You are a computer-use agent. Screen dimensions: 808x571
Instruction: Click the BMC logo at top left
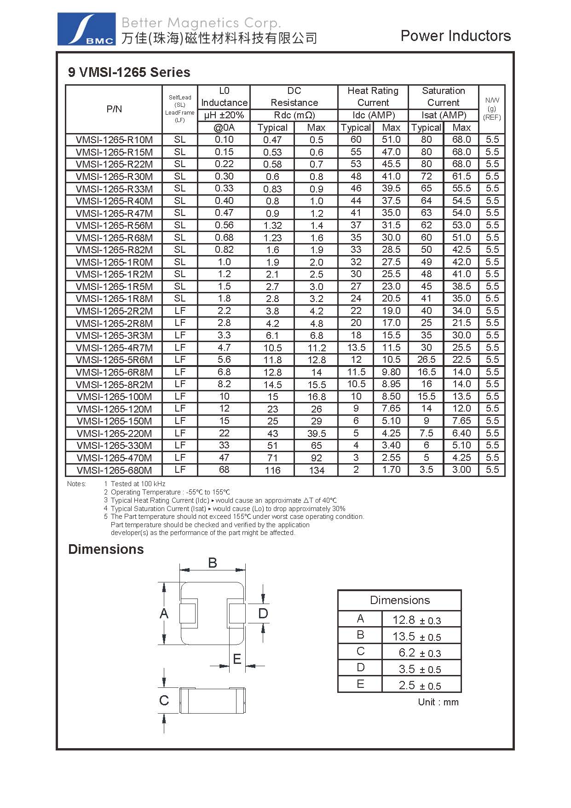[x=86, y=29]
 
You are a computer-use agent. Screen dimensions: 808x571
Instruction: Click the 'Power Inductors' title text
[x=456, y=36]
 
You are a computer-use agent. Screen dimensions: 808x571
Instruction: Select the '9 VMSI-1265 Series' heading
[x=129, y=72]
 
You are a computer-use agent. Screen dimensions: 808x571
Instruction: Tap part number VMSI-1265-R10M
[x=114, y=140]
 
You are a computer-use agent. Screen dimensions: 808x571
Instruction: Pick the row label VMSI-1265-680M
[x=114, y=470]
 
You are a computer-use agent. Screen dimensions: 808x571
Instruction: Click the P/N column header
[x=114, y=109]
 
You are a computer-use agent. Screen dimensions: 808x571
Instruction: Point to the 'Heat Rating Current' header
[x=373, y=97]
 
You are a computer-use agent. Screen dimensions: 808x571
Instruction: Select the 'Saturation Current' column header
[x=443, y=97]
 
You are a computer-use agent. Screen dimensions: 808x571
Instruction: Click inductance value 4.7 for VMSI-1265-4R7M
[x=224, y=348]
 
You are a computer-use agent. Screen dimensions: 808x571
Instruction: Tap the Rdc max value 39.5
[x=317, y=433]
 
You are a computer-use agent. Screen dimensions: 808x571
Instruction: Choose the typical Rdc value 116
[x=272, y=470]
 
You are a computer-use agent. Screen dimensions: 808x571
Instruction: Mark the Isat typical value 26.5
[x=426, y=360]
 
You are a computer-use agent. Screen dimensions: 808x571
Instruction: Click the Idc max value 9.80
[x=391, y=372]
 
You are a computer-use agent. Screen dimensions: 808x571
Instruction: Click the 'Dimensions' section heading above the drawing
[x=106, y=549]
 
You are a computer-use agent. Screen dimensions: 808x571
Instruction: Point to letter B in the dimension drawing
[x=212, y=563]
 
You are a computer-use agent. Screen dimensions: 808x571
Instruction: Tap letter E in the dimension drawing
[x=237, y=659]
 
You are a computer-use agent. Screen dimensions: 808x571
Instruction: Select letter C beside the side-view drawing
[x=164, y=700]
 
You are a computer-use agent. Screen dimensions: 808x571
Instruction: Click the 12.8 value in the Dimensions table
[x=404, y=620]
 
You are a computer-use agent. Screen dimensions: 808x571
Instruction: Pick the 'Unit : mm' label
[x=438, y=702]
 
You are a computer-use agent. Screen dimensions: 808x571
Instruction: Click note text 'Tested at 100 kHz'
[x=138, y=484]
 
